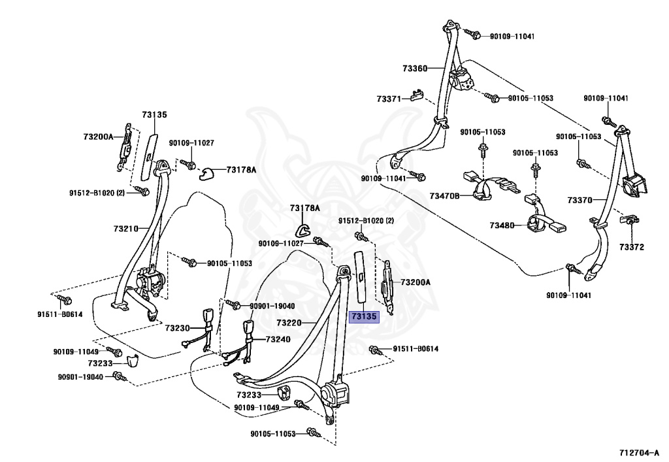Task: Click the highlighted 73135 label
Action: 364,316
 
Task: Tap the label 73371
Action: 389,99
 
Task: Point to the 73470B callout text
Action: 444,195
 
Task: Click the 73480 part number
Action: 502,225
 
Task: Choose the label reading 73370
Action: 579,200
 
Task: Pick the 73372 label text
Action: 632,247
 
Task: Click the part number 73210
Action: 125,229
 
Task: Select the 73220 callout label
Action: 289,323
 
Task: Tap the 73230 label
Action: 177,328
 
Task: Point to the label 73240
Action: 278,340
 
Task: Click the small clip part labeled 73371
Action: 416,96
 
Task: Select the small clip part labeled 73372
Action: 628,220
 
